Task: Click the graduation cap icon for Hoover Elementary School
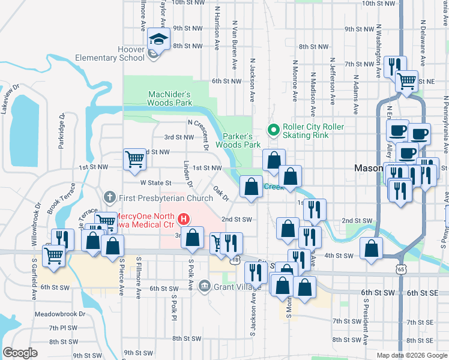(158, 39)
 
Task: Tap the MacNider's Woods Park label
(169, 98)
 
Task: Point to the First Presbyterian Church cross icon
(109, 197)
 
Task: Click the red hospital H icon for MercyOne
(184, 219)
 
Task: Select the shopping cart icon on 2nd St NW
(134, 160)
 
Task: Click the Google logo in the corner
(20, 353)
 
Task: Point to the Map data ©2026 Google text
(411, 355)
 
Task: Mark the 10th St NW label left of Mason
(191, 3)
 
